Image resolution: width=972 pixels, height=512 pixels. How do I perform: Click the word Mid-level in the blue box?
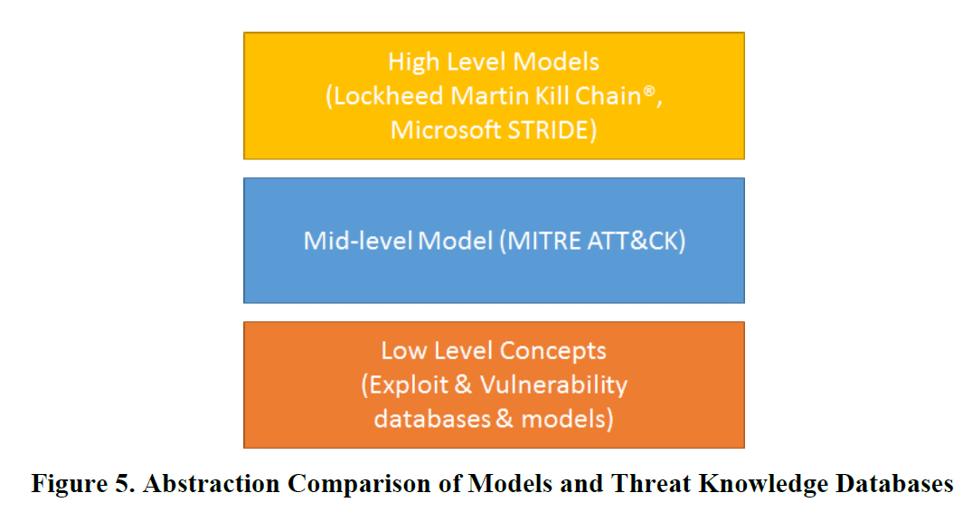click(353, 241)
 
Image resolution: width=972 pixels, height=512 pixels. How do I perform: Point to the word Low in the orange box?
click(400, 350)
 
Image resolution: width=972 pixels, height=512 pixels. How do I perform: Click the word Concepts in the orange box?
click(552, 351)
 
